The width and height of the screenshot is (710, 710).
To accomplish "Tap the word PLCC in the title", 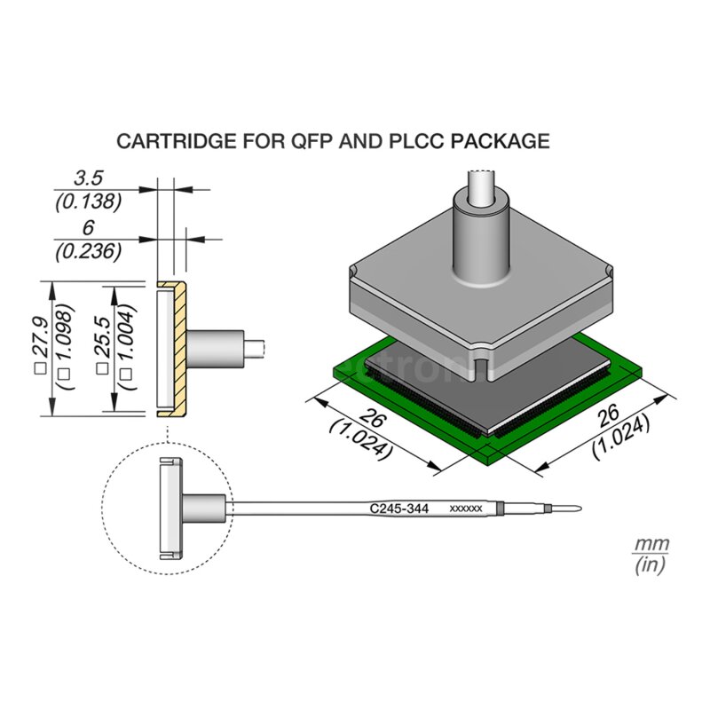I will [425, 141].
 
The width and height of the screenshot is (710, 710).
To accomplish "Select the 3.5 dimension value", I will [88, 179].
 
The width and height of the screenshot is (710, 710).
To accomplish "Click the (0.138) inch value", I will [88, 201].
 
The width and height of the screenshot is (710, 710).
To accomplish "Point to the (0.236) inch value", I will [88, 251].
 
